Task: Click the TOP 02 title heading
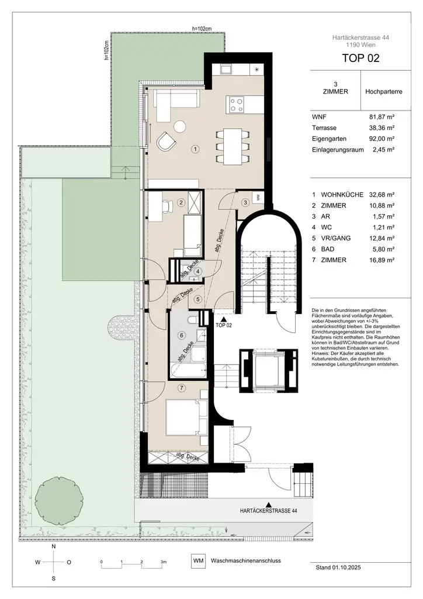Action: (360, 58)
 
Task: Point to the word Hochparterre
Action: (383, 92)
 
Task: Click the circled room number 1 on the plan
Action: (195, 149)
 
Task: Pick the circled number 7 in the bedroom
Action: (182, 387)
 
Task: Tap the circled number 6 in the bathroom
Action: (182, 335)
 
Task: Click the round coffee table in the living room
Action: (179, 125)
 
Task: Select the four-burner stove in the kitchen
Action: (237, 105)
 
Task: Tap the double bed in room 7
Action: (187, 417)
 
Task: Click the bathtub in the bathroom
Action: (187, 369)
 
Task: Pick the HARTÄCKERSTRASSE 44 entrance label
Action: (268, 511)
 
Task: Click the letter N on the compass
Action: (54, 546)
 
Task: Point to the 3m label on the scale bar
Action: (163, 561)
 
